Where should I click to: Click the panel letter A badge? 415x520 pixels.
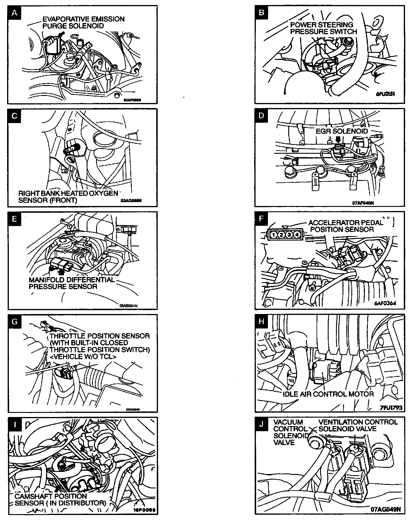click(15, 13)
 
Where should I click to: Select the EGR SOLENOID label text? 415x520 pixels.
click(342, 131)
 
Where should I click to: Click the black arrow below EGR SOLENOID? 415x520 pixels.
click(338, 139)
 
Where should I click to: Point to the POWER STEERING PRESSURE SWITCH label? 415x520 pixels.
click(323, 28)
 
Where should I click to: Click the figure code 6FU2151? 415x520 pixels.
click(385, 94)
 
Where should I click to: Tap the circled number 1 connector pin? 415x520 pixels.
click(274, 235)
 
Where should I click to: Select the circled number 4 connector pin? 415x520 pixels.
click(297, 235)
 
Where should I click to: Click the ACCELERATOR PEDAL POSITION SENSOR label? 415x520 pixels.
click(345, 226)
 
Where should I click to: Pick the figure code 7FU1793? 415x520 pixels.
click(391, 408)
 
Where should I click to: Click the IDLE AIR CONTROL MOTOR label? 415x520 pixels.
click(328, 394)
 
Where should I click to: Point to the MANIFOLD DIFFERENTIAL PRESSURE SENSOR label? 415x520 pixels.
click(72, 283)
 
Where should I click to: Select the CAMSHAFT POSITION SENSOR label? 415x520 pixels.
click(60, 500)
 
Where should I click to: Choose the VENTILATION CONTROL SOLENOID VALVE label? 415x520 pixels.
click(358, 425)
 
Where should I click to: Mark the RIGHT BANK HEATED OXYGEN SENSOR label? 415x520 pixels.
click(68, 197)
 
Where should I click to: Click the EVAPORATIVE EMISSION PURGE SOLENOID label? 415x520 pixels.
click(83, 22)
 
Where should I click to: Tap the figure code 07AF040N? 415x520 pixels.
click(363, 203)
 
